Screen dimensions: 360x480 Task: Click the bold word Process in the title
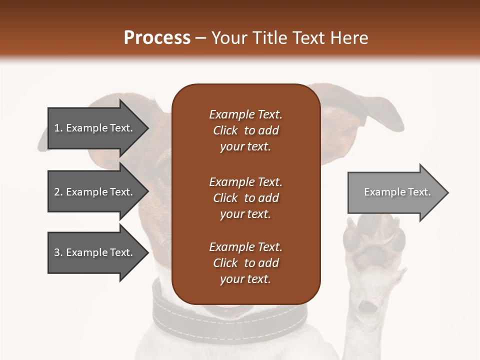tap(157, 38)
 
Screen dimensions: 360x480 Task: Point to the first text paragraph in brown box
tap(245, 130)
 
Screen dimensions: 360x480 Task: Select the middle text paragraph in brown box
tap(245, 198)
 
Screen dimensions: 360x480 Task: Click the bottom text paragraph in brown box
tap(245, 263)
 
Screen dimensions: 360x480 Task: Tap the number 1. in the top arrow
tap(58, 128)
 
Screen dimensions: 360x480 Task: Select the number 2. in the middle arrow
tap(58, 192)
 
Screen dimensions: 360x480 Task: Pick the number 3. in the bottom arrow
tap(58, 252)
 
